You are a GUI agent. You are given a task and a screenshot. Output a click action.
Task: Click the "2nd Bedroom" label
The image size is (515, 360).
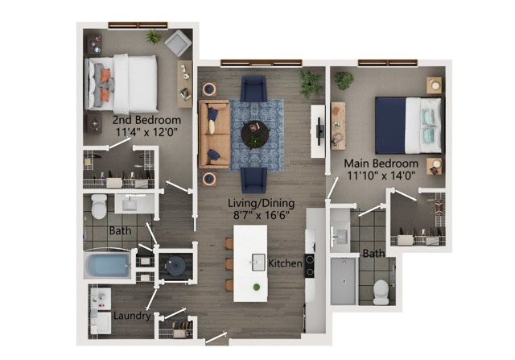click(x=146, y=120)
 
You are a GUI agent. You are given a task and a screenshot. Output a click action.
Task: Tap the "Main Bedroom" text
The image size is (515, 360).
click(x=381, y=163)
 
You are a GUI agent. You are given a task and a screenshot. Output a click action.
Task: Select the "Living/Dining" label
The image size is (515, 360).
click(x=261, y=203)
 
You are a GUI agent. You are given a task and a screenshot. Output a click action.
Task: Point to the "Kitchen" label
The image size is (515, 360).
click(x=285, y=263)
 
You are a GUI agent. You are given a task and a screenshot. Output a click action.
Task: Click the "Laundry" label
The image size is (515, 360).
click(x=132, y=316)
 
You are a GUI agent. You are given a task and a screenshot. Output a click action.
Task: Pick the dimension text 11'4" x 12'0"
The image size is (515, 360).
click(x=146, y=132)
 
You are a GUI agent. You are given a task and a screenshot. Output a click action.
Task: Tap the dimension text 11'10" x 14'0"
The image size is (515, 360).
click(x=381, y=176)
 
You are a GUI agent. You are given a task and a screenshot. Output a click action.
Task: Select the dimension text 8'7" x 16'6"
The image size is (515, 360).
click(x=261, y=215)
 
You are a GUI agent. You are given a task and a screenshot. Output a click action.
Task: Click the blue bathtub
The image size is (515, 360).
click(x=107, y=265)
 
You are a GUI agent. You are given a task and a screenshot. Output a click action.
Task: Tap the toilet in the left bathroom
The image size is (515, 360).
click(x=99, y=206)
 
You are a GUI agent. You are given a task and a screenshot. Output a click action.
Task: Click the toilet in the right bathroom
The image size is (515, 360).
click(x=381, y=292)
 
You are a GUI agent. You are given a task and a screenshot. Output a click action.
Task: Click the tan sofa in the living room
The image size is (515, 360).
click(x=214, y=134)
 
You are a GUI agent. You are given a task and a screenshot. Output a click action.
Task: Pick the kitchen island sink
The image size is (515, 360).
click(x=258, y=262)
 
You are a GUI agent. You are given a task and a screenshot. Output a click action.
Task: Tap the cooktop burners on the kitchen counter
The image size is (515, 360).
click(x=309, y=266)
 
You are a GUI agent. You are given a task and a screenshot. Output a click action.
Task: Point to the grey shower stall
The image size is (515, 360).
click(x=344, y=281)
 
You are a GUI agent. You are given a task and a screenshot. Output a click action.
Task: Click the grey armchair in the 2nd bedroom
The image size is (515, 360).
click(x=178, y=43)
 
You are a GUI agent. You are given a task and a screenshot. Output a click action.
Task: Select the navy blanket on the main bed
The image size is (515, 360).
click(x=391, y=126)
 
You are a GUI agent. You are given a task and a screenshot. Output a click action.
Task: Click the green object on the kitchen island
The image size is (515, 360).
click(x=257, y=287)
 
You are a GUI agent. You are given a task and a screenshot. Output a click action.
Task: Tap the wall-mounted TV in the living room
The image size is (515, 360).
click(x=320, y=131)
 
